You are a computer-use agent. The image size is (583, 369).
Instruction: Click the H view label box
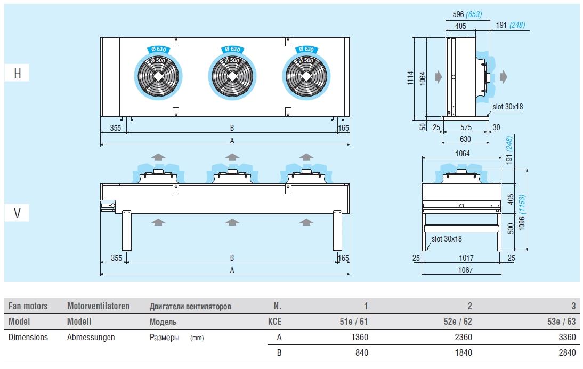[17, 73]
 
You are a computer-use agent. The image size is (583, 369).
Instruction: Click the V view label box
[17, 213]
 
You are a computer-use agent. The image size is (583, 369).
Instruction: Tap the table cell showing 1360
[360, 337]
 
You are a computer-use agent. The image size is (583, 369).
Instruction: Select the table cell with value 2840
[567, 352]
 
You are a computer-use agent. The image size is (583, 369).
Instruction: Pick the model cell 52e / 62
[458, 322]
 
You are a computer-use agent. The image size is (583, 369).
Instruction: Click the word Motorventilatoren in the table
[98, 306]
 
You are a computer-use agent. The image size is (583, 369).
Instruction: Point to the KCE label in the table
[275, 322]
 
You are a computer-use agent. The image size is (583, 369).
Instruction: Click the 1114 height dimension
[410, 78]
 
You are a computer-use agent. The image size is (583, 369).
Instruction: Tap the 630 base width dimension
[465, 139]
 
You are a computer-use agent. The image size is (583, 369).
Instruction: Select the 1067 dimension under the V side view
[465, 270]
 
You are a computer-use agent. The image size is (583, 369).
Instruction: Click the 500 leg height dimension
[511, 228]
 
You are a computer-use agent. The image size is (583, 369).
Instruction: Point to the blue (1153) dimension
[522, 205]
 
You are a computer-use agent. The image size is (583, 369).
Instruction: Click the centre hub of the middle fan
[232, 76]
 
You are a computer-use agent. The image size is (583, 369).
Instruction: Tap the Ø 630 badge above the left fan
[159, 49]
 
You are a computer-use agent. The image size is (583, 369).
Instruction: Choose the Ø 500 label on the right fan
[306, 60]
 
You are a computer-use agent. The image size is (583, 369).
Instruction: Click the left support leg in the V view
[127, 230]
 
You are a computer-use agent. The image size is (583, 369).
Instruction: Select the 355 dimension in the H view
[116, 127]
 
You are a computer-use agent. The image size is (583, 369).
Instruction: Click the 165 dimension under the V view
[344, 258]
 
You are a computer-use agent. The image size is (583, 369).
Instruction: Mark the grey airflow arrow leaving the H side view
[504, 77]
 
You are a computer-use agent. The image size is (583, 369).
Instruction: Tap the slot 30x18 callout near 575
[507, 107]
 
